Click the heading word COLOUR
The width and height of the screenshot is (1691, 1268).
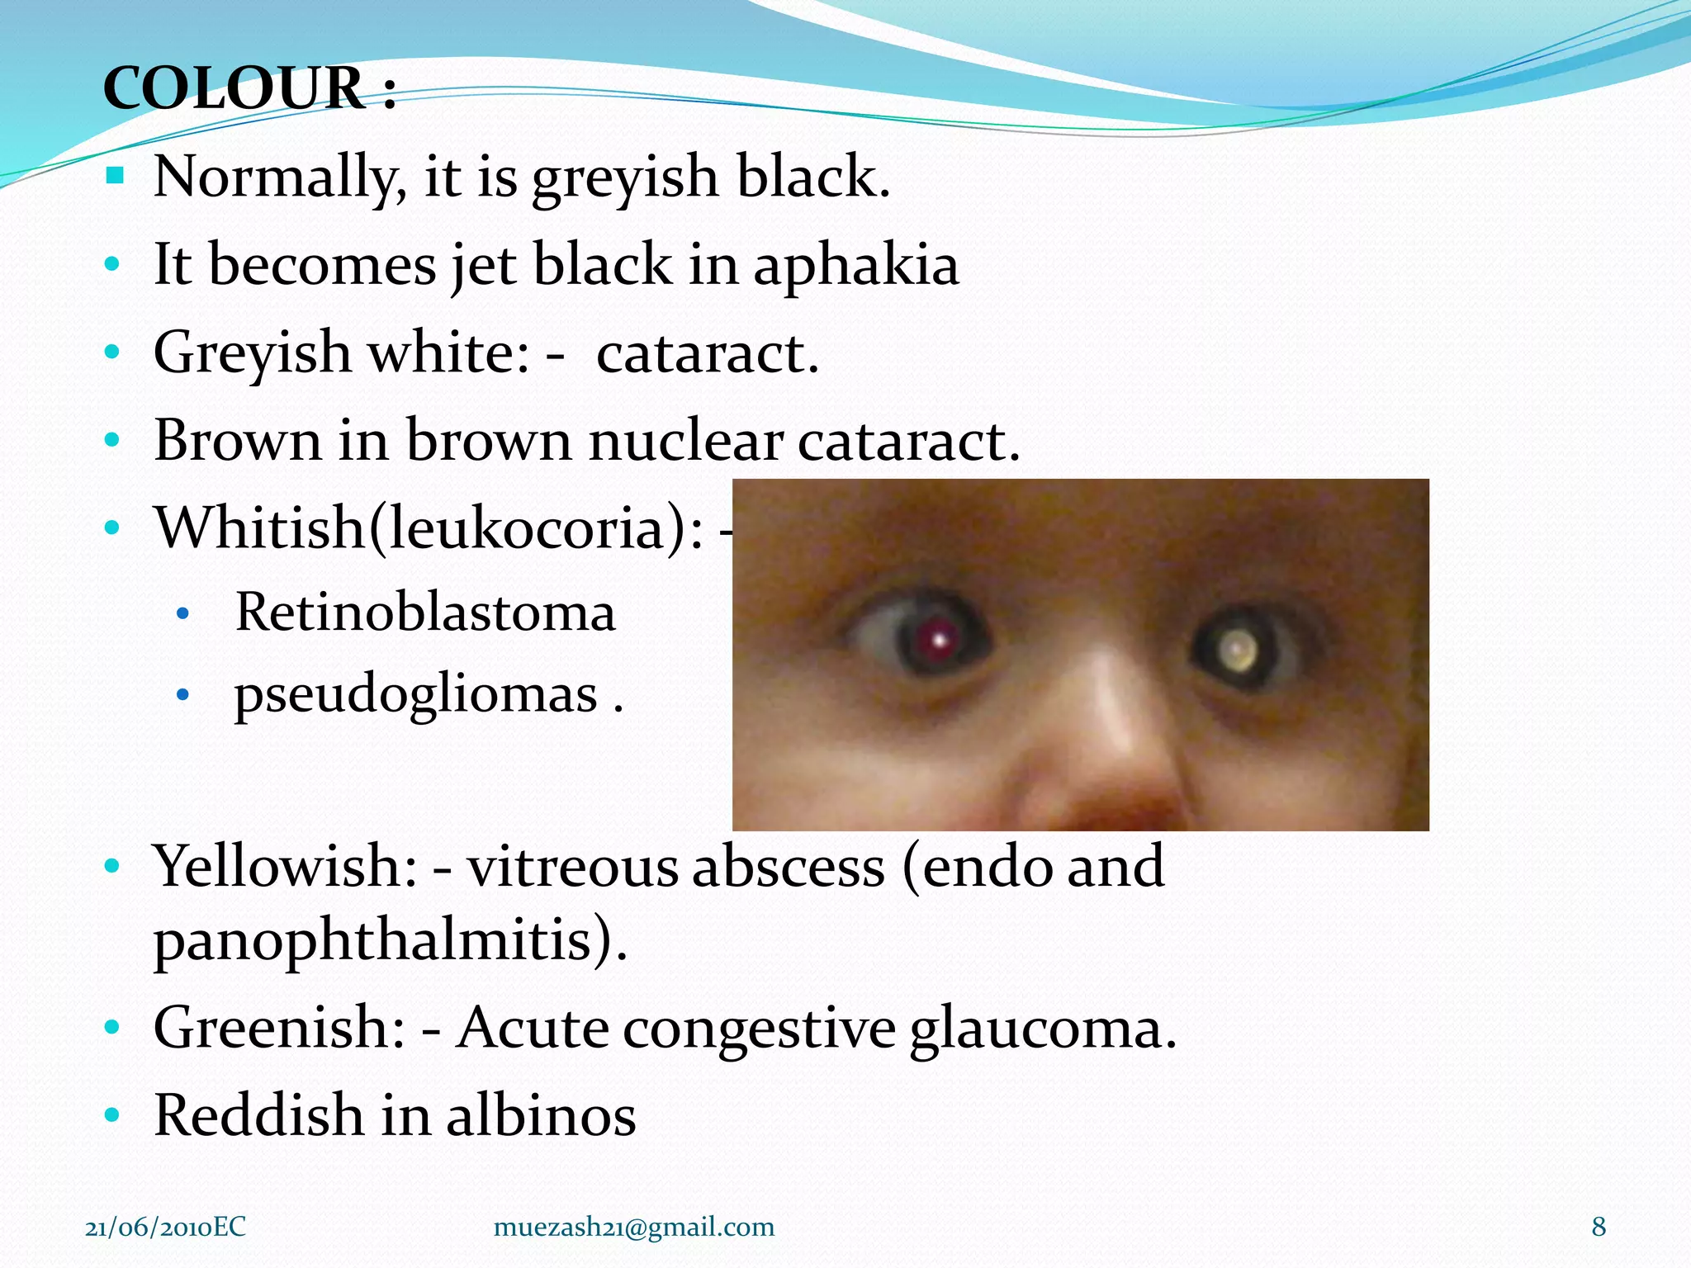[234, 88]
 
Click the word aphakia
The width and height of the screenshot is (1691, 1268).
[855, 266]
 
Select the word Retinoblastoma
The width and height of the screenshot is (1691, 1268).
[425, 613]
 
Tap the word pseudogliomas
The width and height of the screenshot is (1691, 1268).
[415, 695]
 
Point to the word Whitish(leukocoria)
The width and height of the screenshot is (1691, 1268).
[429, 528]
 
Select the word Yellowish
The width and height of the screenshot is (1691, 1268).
[284, 867]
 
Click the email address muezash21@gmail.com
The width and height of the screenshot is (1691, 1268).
[633, 1227]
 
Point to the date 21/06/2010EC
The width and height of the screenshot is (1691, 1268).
[165, 1227]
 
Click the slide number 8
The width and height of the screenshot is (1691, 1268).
[1599, 1227]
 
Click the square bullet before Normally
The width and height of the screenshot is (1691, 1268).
[115, 175]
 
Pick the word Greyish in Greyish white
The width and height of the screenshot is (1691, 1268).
[252, 353]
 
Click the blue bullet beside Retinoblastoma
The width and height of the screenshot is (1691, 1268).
[183, 614]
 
